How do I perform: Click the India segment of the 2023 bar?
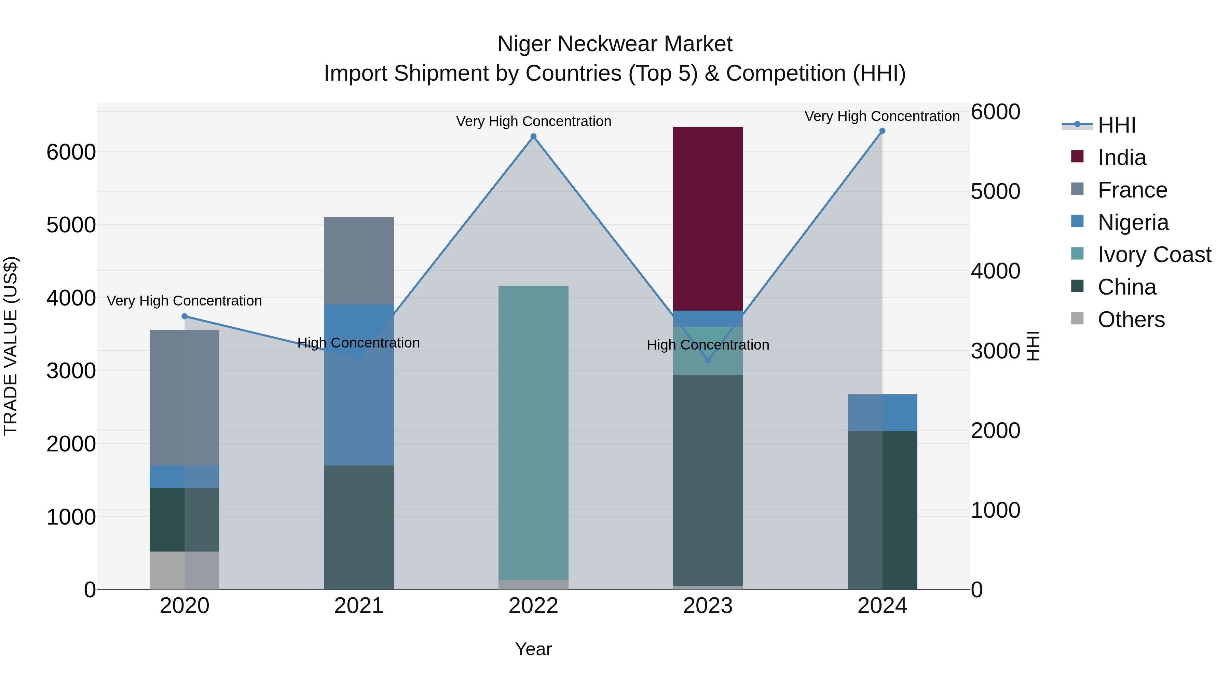[x=708, y=218]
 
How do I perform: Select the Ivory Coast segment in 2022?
[x=533, y=432]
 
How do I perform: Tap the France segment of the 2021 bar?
[x=359, y=261]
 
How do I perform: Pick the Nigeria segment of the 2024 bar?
[x=882, y=412]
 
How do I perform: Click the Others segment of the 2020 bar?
[x=184, y=570]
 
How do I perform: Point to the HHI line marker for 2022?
[x=533, y=137]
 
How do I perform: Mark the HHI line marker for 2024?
[x=882, y=131]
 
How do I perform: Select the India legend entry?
[x=1121, y=158]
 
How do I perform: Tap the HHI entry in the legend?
[x=1116, y=125]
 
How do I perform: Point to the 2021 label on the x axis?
[x=359, y=606]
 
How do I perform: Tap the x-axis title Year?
[x=533, y=649]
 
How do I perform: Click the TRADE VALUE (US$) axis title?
[x=11, y=346]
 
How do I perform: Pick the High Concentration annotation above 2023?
[x=708, y=345]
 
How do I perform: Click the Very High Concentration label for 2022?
[x=533, y=121]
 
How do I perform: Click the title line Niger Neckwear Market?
[x=615, y=44]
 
